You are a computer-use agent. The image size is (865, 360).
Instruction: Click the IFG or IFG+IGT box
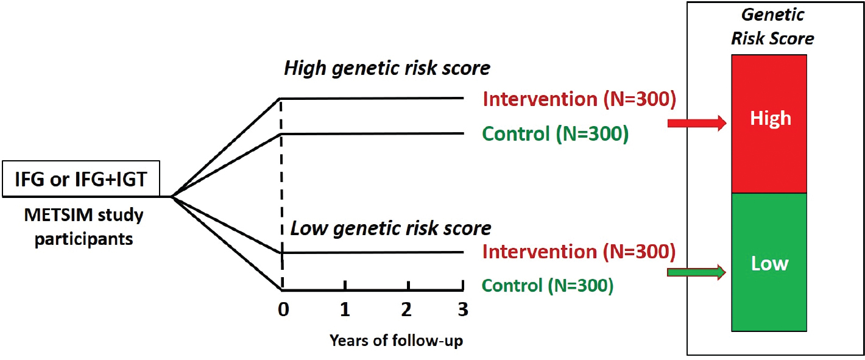coord(81,179)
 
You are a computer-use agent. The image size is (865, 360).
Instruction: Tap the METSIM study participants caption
coord(84,227)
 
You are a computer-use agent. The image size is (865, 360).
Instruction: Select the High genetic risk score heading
coord(387,69)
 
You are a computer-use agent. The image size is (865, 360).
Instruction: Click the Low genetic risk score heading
coord(390,228)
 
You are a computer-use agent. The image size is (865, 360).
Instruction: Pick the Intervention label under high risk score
coord(579,99)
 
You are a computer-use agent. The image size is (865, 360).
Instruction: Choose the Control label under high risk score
coord(556,134)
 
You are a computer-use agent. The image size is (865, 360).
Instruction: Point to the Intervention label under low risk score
coord(579,252)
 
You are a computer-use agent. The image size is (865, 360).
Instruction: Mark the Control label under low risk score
coord(548,286)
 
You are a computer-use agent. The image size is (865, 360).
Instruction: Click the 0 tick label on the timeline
coord(283,309)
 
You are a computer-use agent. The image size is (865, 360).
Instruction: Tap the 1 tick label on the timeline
coord(345,309)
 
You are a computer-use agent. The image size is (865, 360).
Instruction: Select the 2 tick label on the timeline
coord(406,309)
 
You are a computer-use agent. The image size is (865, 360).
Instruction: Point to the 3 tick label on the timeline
coord(463,309)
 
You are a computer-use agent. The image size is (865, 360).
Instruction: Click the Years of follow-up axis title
coord(396,341)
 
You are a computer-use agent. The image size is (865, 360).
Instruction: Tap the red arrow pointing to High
coord(697,123)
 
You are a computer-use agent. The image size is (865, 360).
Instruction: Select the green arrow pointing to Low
coord(697,273)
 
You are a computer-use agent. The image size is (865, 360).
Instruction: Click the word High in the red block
coord(771,118)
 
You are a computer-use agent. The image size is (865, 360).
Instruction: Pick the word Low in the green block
coord(769,263)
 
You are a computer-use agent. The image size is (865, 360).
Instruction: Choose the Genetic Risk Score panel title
coord(772,27)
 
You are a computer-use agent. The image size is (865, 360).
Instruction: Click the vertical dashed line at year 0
coord(281,194)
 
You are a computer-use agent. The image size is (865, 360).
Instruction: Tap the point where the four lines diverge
coord(172,197)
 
